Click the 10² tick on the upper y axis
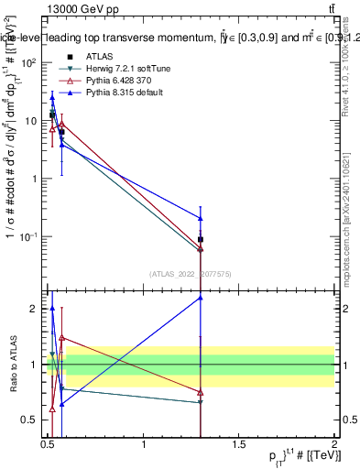(29, 62)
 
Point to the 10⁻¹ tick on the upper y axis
(29, 236)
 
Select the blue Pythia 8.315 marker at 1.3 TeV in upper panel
(201, 218)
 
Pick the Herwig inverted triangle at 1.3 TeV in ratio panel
(201, 402)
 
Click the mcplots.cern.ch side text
(349, 211)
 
